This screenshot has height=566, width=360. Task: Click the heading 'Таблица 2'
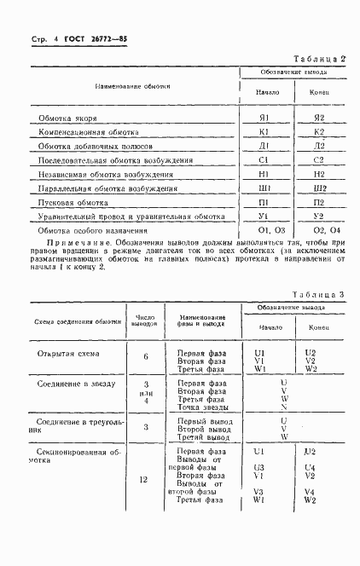click(318, 60)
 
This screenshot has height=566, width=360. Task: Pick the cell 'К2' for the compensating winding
click(319, 132)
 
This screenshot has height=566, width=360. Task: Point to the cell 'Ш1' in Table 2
click(263, 188)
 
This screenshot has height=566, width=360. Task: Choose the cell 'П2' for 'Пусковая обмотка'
click(319, 203)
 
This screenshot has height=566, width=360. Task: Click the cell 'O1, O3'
click(263, 230)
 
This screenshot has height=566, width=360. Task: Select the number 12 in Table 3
click(146, 481)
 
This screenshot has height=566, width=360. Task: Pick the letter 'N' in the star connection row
click(282, 408)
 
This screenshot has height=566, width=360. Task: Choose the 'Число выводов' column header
click(146, 320)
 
